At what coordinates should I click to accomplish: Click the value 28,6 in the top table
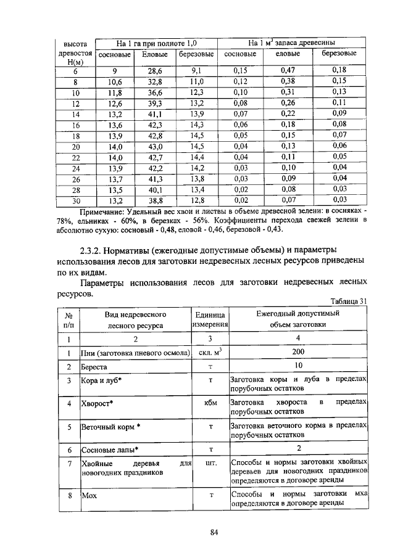[154, 71]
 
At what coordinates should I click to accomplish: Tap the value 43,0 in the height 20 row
[154, 146]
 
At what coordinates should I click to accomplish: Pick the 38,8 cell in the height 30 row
[154, 200]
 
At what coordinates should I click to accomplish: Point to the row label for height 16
[76, 125]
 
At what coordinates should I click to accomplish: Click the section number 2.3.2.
[90, 251]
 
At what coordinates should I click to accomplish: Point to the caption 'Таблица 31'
[349, 301]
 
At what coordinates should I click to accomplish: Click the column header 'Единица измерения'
[211, 318]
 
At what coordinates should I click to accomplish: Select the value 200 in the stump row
[299, 352]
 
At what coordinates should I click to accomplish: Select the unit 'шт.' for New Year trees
[211, 462]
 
